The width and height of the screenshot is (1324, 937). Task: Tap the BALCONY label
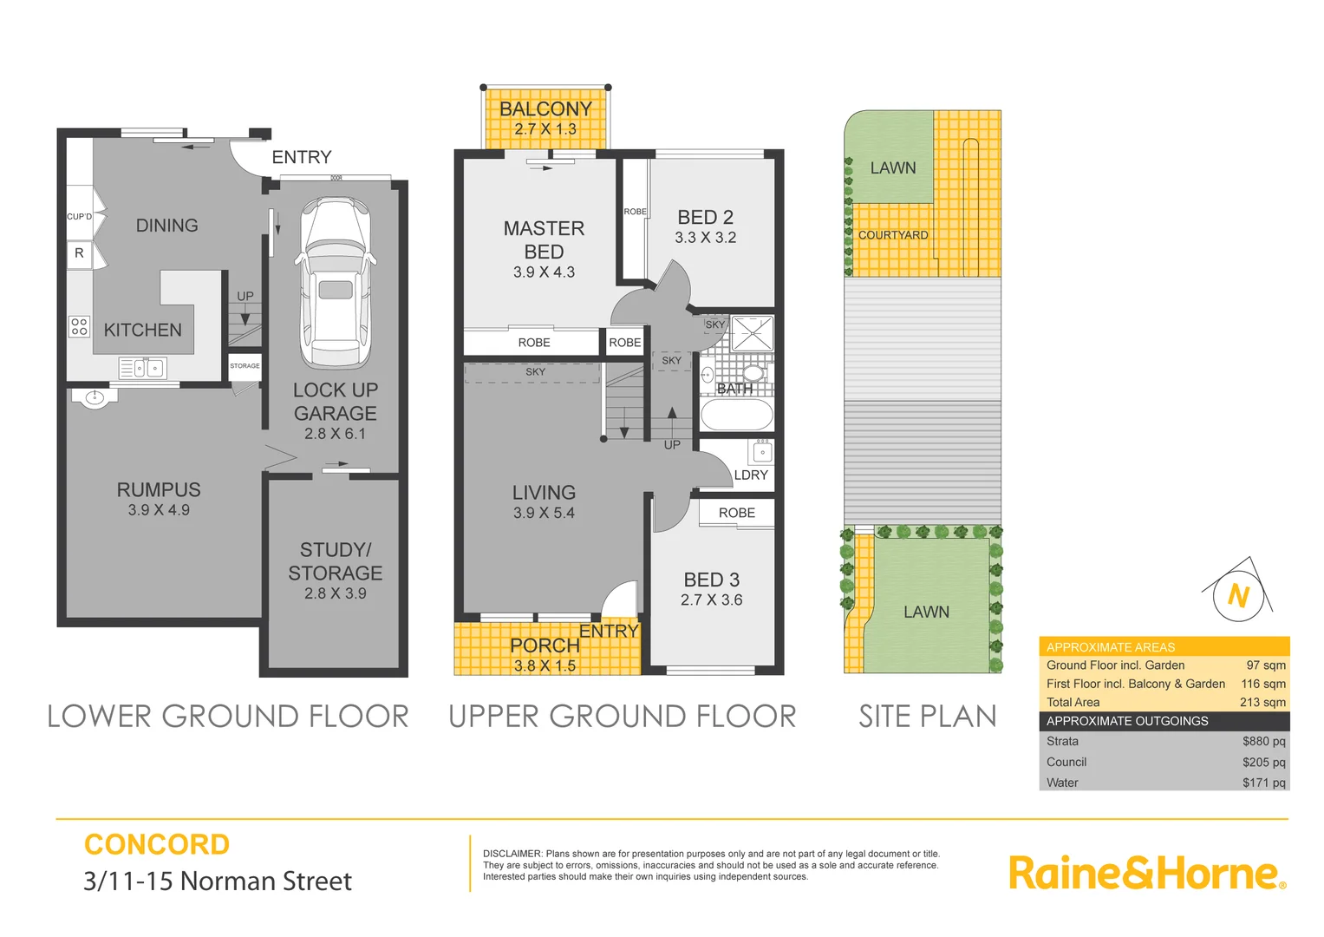(x=545, y=108)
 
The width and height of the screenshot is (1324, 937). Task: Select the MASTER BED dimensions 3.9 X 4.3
(x=544, y=272)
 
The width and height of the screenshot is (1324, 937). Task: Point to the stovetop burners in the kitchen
(x=79, y=326)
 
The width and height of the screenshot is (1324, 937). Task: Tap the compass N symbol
(x=1238, y=595)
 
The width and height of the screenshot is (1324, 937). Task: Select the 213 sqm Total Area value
(x=1262, y=702)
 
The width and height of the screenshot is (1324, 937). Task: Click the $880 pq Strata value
(x=1263, y=741)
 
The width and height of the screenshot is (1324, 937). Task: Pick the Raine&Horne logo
(x=1146, y=873)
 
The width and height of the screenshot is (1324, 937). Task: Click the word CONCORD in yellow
(x=157, y=844)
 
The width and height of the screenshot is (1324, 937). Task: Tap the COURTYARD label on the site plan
(x=893, y=235)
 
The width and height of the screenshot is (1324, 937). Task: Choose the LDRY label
(x=751, y=475)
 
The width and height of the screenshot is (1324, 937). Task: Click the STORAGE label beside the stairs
(x=245, y=366)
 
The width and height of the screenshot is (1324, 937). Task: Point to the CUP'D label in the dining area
(x=79, y=217)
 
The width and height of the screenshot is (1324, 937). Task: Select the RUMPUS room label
(x=159, y=489)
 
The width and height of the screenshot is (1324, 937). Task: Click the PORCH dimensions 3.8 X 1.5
(x=545, y=666)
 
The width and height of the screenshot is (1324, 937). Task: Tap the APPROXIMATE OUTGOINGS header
(x=1127, y=721)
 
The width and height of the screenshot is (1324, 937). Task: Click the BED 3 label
(x=711, y=580)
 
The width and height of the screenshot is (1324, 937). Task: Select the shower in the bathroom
(x=752, y=333)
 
